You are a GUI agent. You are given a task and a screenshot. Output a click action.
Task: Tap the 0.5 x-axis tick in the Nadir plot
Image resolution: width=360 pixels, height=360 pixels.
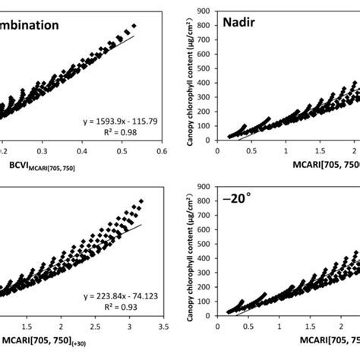point(248,152)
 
